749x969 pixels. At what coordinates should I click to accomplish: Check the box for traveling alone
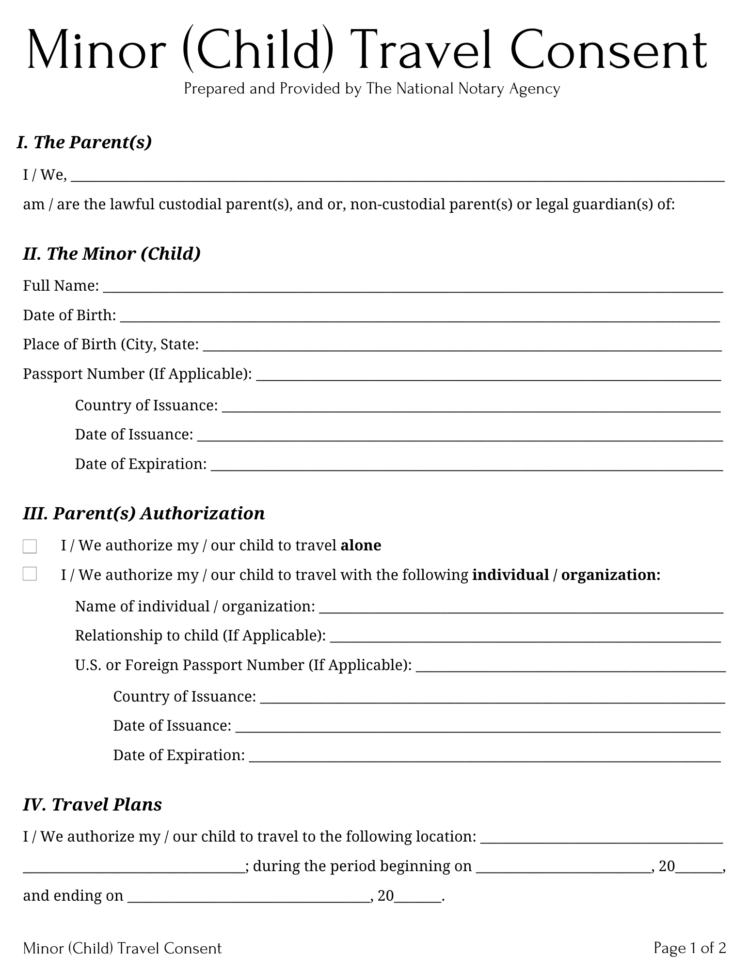click(x=30, y=547)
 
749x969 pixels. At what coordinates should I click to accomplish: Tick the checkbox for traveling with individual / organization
click(x=30, y=574)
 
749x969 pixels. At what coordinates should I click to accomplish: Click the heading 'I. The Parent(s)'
click(x=84, y=142)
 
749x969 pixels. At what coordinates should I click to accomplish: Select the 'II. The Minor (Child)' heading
click(x=112, y=253)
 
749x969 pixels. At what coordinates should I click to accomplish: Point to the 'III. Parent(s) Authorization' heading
click(x=144, y=513)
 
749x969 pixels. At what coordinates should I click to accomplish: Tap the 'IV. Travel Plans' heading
click(x=92, y=804)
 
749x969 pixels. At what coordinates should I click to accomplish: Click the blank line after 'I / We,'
click(x=398, y=177)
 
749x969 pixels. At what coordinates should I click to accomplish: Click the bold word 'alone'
click(x=361, y=546)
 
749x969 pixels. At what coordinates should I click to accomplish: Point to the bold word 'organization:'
click(x=610, y=575)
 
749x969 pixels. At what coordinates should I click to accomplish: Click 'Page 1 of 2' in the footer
click(x=689, y=948)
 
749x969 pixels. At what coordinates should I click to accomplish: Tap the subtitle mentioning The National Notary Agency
click(x=372, y=89)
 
